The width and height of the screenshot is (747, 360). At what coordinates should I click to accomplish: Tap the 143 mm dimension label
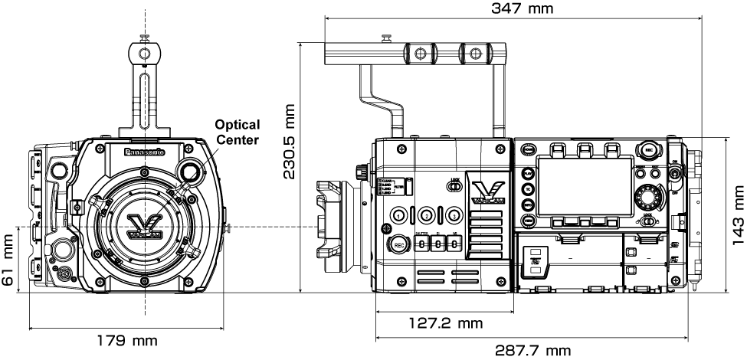click(x=738, y=217)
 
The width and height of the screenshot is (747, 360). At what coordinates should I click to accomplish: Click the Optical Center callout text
click(x=237, y=131)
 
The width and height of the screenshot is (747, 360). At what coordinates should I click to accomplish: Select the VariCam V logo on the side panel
click(x=487, y=191)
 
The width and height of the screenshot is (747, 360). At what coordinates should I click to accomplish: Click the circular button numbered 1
click(x=399, y=215)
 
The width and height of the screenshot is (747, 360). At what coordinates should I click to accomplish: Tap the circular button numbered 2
click(x=427, y=215)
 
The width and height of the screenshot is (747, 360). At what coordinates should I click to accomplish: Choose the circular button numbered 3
click(x=454, y=215)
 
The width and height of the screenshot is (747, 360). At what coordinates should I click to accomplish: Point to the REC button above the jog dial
click(x=650, y=150)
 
